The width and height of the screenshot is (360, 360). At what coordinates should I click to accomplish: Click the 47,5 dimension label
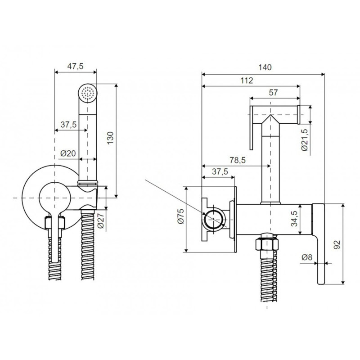pyautogui.click(x=75, y=66)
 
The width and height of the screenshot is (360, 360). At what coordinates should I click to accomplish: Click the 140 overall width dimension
pyautogui.click(x=265, y=67)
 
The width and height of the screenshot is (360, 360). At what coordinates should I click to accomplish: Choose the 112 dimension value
pyautogui.click(x=246, y=81)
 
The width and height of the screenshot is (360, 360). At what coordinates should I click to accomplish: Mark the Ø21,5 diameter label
pyautogui.click(x=305, y=140)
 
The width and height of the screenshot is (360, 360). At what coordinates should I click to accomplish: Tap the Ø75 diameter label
pyautogui.click(x=180, y=218)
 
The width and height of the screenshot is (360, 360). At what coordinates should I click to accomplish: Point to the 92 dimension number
pyautogui.click(x=337, y=245)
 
